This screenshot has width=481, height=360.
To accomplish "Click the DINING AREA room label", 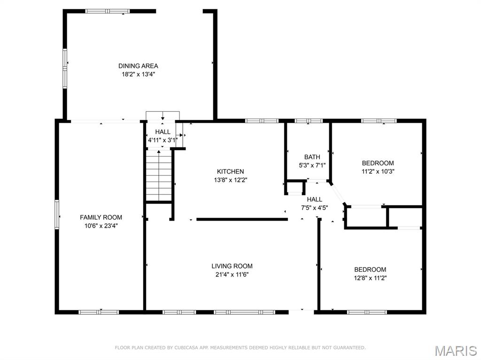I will coord(138,66).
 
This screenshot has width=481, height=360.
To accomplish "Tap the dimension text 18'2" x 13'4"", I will coord(138,74).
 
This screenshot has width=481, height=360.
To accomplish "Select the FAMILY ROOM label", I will coord(101,217).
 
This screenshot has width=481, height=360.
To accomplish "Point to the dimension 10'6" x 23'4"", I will coord(101,225).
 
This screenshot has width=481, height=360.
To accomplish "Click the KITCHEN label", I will coord(230,172).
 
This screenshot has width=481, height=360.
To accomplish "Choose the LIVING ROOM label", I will coord(232,266).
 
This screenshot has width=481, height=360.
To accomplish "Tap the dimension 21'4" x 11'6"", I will coord(232,275).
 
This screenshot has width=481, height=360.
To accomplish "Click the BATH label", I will coord(312,157).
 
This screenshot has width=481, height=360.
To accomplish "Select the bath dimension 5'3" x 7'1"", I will coord(312,165).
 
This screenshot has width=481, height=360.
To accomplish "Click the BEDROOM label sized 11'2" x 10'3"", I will coord(378,163).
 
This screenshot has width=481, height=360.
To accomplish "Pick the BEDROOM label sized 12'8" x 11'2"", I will coord(370,269).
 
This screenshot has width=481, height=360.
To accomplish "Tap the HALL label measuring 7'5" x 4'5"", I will coord(314,199).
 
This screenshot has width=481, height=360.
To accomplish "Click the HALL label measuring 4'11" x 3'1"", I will coord(163,132).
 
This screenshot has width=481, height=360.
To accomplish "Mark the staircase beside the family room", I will coord(159,175).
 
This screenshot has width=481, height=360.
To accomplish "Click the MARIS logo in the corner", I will coord(455,351).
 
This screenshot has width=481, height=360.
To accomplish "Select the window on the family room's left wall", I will coord(57,215).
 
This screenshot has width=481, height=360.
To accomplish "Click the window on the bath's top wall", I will coord(309,121).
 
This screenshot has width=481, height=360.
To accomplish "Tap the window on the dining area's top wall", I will coord(108,11).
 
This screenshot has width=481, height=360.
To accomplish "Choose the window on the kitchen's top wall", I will coord(262,121).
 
